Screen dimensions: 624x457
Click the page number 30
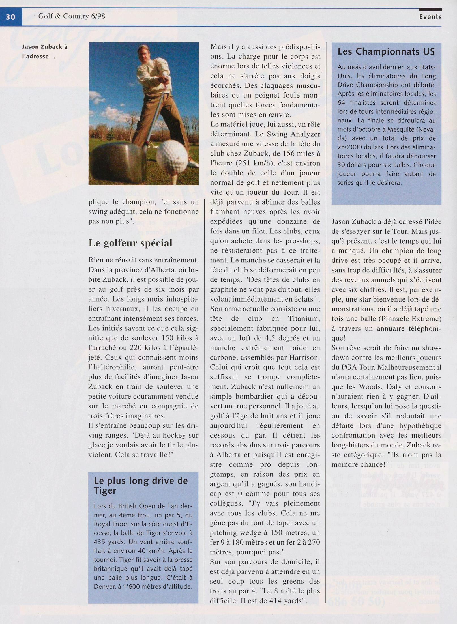point(10,17)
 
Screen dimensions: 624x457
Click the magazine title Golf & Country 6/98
point(72,16)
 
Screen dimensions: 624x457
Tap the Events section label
point(430,17)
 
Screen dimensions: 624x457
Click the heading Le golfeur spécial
point(130,243)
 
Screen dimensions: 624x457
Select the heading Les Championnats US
point(386,52)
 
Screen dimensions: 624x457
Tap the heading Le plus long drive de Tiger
point(141,486)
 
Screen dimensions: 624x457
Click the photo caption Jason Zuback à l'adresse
point(45,51)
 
